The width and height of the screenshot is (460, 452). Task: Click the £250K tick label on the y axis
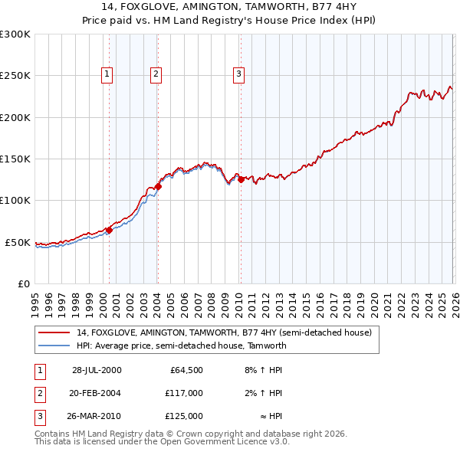[x=15, y=76]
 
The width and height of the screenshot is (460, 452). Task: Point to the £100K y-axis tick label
[x=15, y=201]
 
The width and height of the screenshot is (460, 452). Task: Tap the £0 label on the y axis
[x=23, y=283]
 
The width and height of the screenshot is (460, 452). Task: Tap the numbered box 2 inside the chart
[x=155, y=74]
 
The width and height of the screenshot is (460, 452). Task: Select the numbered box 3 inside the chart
[x=238, y=74]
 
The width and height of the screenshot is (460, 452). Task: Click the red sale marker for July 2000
[x=109, y=230]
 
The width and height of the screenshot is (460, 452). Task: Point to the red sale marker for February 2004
[x=158, y=186]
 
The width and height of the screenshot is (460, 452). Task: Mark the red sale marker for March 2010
[x=241, y=180]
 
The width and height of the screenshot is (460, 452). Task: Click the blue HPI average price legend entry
[x=181, y=346]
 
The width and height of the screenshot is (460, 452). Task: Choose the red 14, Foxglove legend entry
[x=224, y=332]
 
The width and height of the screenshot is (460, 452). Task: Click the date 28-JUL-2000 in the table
[x=97, y=370]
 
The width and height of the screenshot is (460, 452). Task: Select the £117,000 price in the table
[x=184, y=393]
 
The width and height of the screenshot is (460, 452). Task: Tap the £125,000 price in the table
[x=184, y=416]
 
